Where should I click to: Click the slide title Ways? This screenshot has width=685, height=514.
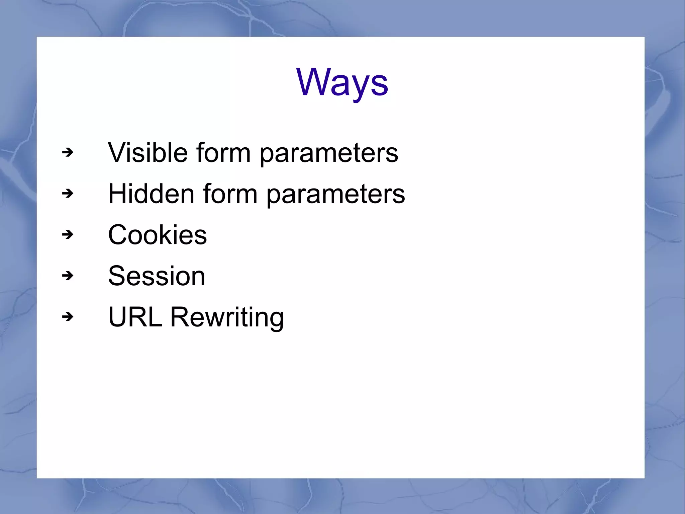[342, 82]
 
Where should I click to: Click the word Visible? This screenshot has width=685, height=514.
[148, 153]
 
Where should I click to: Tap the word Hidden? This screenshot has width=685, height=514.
[151, 194]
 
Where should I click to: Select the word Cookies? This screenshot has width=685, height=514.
[157, 235]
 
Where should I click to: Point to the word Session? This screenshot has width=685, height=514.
[157, 276]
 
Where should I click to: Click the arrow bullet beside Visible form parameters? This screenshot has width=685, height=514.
[68, 153]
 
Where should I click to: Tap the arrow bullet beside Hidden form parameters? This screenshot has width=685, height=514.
[68, 194]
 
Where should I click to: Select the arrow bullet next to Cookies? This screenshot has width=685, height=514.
[68, 235]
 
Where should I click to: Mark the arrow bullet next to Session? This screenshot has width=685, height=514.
[68, 276]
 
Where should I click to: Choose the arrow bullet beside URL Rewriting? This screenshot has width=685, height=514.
[68, 317]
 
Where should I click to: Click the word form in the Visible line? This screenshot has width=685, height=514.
[223, 153]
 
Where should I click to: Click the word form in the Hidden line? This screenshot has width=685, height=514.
[230, 194]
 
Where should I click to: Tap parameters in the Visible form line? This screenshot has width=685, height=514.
[329, 154]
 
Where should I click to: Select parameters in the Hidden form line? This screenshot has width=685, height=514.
[336, 195]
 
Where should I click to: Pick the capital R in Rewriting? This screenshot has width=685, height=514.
[181, 317]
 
